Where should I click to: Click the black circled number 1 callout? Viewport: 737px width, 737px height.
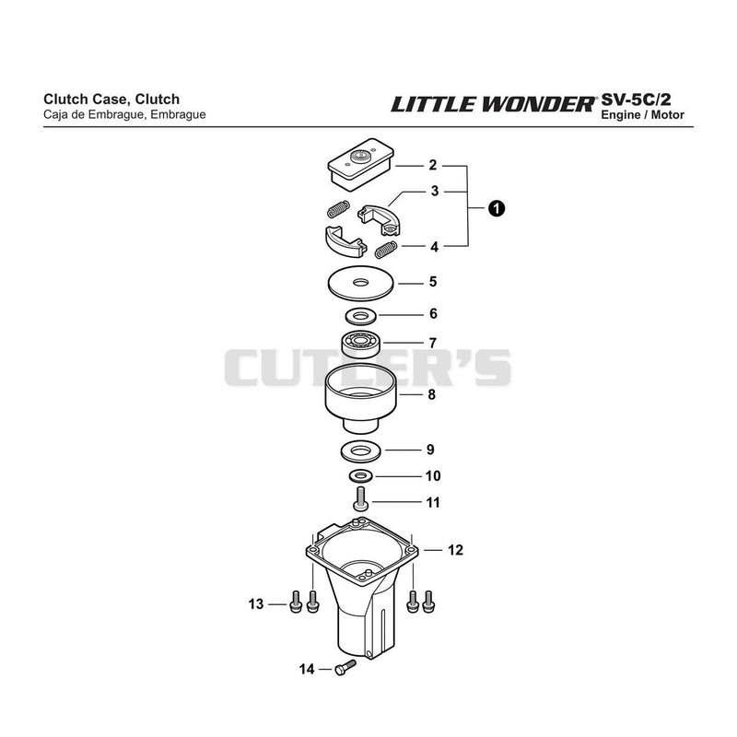click(x=497, y=208)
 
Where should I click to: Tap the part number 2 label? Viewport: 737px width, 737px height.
click(x=432, y=165)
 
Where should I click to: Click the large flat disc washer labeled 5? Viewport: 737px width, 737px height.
click(x=361, y=283)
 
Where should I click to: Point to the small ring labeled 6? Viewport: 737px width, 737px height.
click(x=361, y=315)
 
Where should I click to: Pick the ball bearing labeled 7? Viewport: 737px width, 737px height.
click(x=361, y=344)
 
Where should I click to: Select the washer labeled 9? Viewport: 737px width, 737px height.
click(x=360, y=451)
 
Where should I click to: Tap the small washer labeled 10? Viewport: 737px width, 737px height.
click(x=361, y=476)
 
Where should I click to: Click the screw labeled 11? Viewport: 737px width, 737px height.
click(x=361, y=499)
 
